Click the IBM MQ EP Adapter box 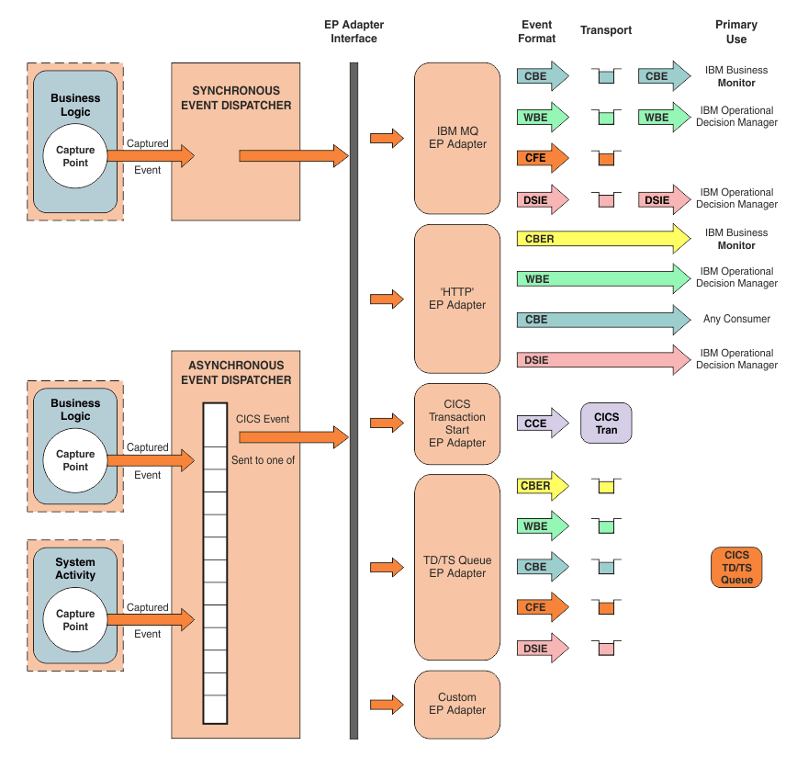point(457,138)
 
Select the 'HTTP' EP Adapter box point(457,298)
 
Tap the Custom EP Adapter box point(457,704)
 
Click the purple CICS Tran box point(606,423)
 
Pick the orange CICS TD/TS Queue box point(736,567)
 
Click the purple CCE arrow point(542,424)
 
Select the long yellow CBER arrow point(601,239)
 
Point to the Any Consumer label point(736,319)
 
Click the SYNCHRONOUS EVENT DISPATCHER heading point(236,98)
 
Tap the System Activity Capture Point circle point(75,620)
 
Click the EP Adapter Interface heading point(354,31)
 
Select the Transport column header point(606,30)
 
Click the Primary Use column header point(736,31)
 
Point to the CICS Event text point(263,419)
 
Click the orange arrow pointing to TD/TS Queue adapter point(386,567)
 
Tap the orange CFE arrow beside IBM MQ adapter point(542,158)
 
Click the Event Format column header point(537,31)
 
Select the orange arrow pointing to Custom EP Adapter point(386,705)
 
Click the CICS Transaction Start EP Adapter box point(457,423)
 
